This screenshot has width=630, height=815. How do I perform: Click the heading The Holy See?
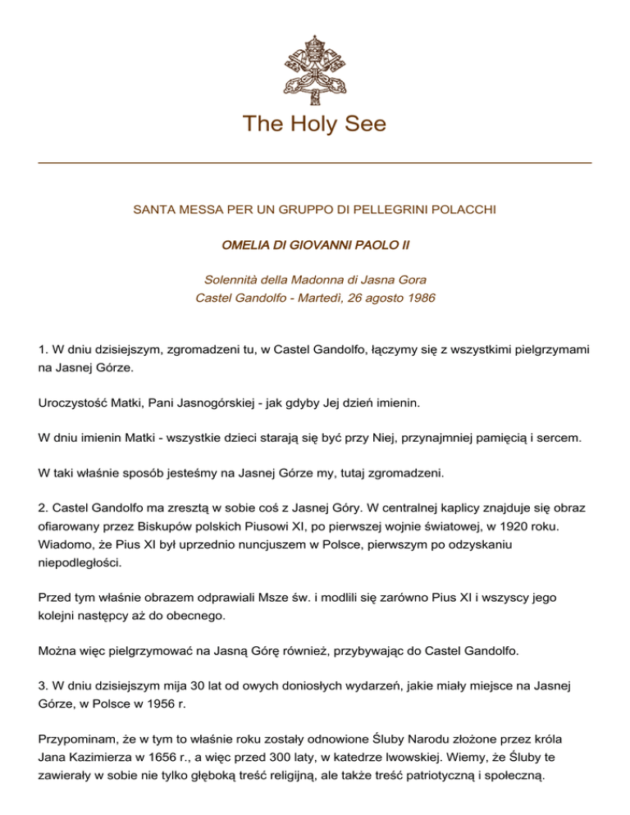click(315, 125)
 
